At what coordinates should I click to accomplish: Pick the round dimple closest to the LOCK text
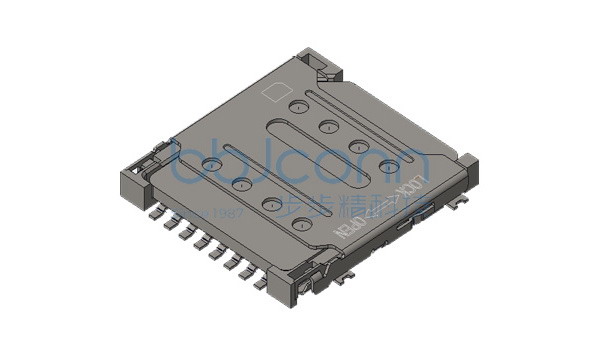[387, 166]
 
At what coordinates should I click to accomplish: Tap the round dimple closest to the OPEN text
[299, 225]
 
